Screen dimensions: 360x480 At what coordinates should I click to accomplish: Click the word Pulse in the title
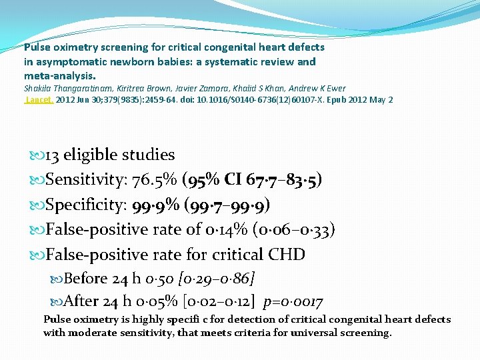click(36, 47)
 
